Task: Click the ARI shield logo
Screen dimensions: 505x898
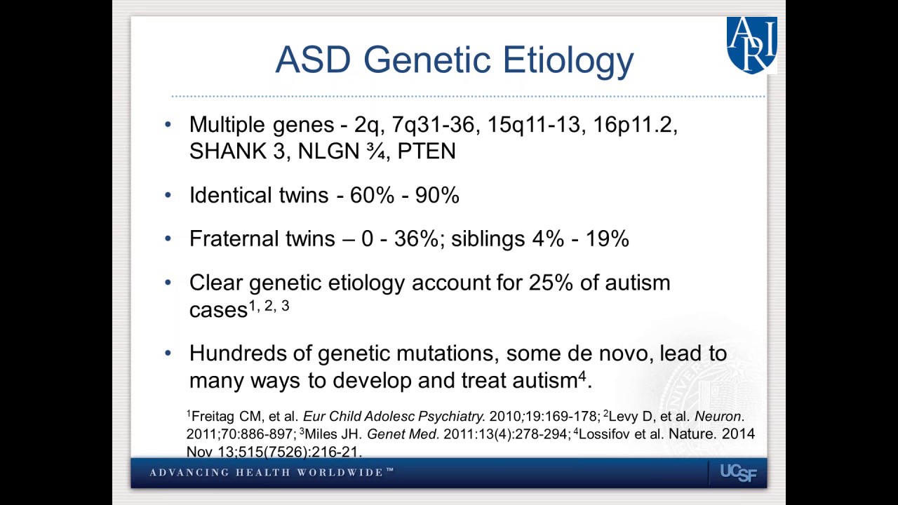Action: tap(751, 45)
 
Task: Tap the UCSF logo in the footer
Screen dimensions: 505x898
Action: tap(738, 473)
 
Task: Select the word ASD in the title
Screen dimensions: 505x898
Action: tap(312, 60)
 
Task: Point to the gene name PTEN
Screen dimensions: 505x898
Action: tap(427, 151)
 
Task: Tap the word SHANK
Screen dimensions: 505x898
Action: tap(228, 151)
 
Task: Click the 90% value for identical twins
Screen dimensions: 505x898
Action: tap(437, 196)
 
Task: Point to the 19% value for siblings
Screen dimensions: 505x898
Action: tap(607, 239)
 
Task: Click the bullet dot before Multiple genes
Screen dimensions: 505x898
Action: tap(168, 125)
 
